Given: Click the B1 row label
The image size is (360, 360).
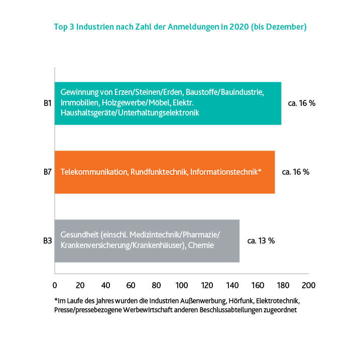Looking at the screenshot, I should (x=48, y=103).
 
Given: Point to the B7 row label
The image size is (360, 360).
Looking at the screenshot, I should (x=48, y=172).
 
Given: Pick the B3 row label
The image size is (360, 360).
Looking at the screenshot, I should (x=48, y=241).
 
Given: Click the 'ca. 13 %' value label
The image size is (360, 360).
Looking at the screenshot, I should (x=261, y=241).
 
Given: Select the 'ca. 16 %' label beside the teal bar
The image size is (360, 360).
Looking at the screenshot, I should (x=301, y=103).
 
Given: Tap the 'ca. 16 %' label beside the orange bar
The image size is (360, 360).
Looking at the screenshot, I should (x=296, y=172).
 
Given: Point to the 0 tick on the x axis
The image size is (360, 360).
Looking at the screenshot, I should (x=55, y=285).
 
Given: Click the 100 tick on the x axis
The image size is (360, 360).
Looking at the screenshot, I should (x=182, y=285).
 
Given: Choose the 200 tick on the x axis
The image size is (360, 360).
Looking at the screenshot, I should (x=308, y=285).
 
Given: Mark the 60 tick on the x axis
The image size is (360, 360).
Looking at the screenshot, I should (x=131, y=285).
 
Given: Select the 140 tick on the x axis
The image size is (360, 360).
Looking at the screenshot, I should (x=232, y=285).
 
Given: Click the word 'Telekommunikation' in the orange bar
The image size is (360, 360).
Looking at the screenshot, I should (x=94, y=172).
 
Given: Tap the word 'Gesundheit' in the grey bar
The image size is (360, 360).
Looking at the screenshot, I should (x=79, y=235).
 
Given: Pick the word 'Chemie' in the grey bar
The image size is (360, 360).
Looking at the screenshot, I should (x=202, y=246).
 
